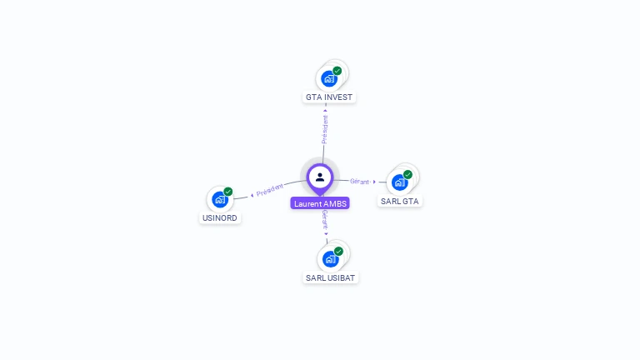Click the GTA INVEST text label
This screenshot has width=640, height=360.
(x=329, y=97)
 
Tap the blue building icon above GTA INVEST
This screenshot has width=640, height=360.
(x=329, y=79)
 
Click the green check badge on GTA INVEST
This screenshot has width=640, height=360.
(x=337, y=71)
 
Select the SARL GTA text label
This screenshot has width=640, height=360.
(x=400, y=201)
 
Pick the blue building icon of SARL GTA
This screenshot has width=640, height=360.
(x=399, y=182)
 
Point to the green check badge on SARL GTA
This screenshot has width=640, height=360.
(x=407, y=174)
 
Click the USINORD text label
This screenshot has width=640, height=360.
(x=220, y=218)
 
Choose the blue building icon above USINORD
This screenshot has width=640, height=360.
(x=219, y=199)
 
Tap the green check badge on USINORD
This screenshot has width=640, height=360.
(x=227, y=192)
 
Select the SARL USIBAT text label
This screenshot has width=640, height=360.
(x=330, y=277)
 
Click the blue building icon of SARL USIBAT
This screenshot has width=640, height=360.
(x=330, y=259)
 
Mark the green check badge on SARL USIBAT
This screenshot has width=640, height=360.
(x=338, y=251)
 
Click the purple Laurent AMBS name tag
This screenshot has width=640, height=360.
(x=320, y=203)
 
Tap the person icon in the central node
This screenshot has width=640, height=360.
(x=320, y=177)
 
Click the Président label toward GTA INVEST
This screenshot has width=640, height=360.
(x=325, y=130)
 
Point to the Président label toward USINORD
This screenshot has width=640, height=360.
(x=270, y=190)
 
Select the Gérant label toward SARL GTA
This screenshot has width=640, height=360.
(x=359, y=181)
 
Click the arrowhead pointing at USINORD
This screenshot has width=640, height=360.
(x=252, y=196)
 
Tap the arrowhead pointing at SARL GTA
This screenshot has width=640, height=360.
(x=374, y=182)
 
